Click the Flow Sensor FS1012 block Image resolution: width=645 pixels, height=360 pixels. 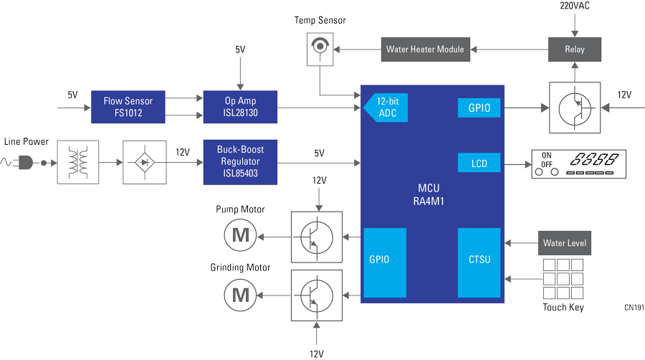point(128,108)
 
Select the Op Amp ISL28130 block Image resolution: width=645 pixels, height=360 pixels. point(240,108)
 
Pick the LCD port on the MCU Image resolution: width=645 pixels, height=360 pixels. point(479,164)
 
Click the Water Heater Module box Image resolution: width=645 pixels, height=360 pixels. point(425,49)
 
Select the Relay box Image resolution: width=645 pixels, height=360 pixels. point(575,49)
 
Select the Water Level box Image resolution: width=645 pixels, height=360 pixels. point(564,243)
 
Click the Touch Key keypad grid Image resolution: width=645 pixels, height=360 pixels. point(563,279)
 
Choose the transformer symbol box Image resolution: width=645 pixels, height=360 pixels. point(77,163)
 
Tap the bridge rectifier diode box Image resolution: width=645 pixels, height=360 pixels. point(144,163)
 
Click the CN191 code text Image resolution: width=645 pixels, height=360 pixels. point(634,308)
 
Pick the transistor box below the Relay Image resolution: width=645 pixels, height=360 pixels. point(575,108)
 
